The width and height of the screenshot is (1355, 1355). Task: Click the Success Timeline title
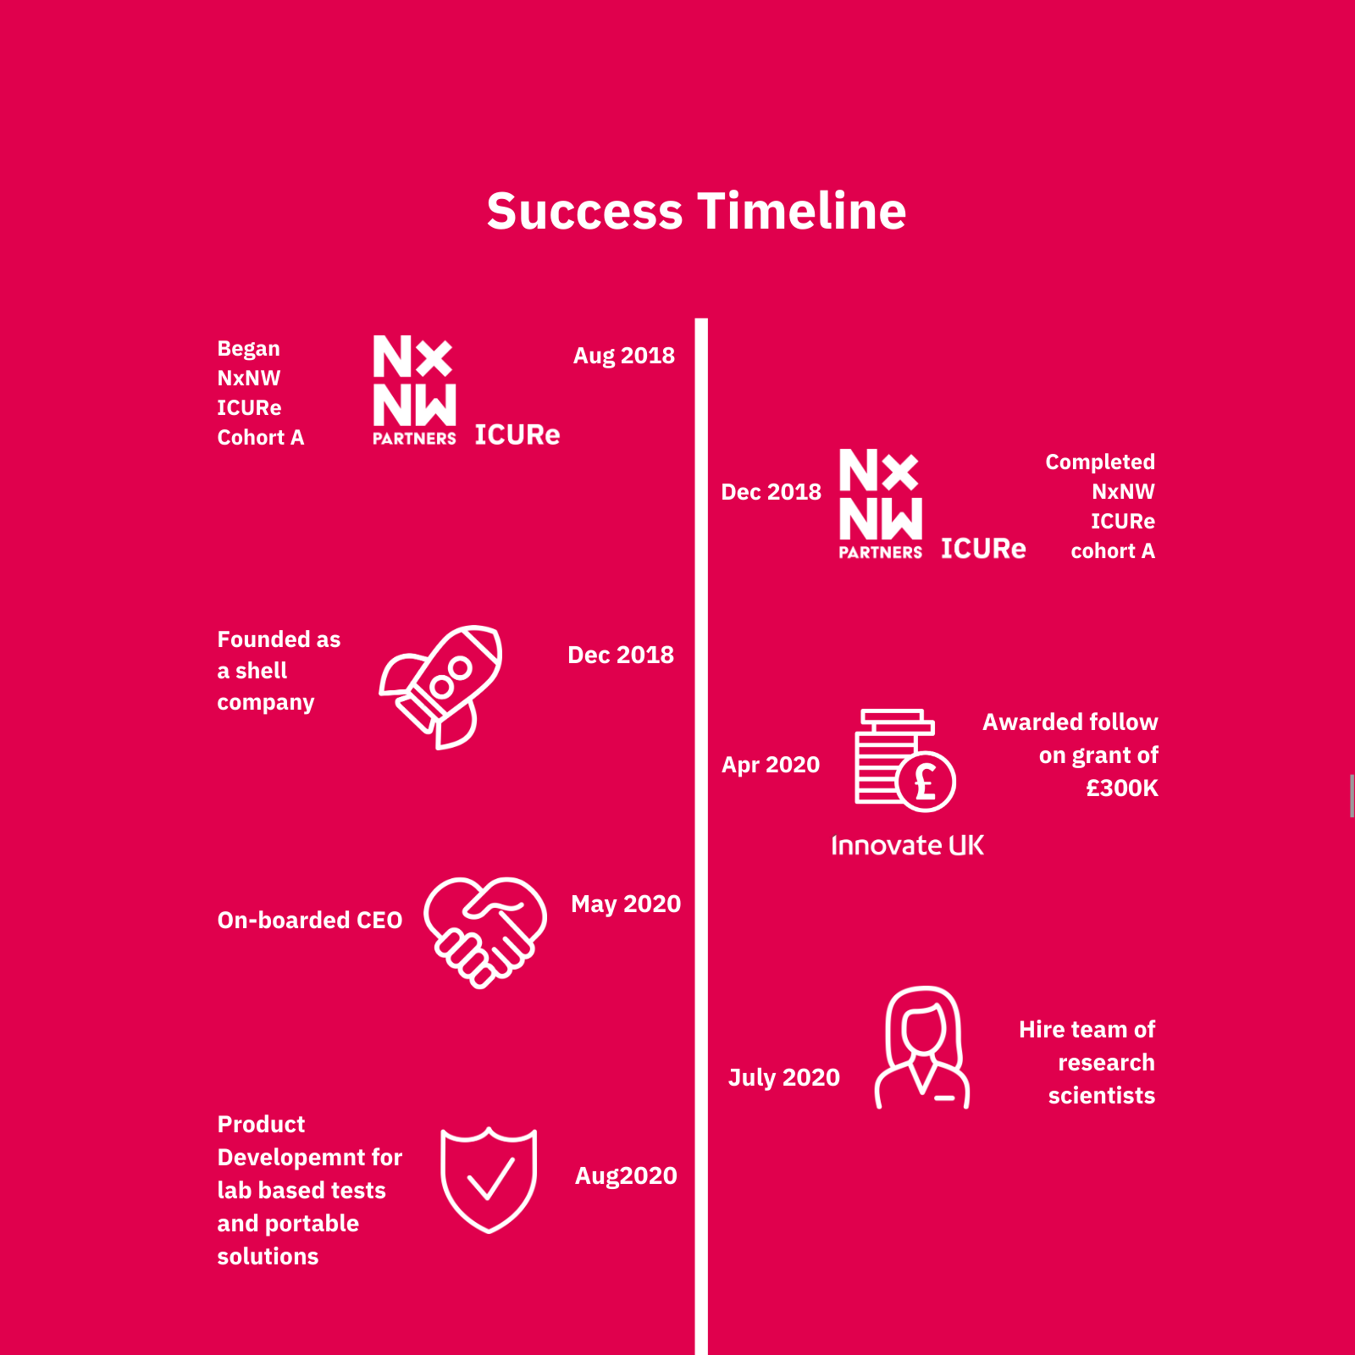696,211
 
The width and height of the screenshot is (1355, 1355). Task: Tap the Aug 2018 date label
624,356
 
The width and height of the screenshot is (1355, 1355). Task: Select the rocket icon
440,687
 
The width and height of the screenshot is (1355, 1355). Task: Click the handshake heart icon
485,932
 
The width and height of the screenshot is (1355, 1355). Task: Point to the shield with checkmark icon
489,1180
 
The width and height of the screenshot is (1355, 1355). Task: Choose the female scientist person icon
922,1048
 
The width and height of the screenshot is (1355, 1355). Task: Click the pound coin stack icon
904,760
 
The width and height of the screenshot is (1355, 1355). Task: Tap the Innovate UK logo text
907,845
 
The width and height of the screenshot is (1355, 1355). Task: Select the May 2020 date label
626,904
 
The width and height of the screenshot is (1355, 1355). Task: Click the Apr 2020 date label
771,766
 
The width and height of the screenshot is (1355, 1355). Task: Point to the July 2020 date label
784,1078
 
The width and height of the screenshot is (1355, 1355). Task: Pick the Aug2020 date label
626,1176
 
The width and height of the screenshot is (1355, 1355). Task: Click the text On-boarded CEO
310,921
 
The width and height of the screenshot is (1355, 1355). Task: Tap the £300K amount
1122,788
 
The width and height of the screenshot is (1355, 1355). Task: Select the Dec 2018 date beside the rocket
621,655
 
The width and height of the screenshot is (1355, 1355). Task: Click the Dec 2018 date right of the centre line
771,492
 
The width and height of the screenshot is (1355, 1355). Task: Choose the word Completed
1100,462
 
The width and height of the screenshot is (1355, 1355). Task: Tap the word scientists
1102,1096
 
